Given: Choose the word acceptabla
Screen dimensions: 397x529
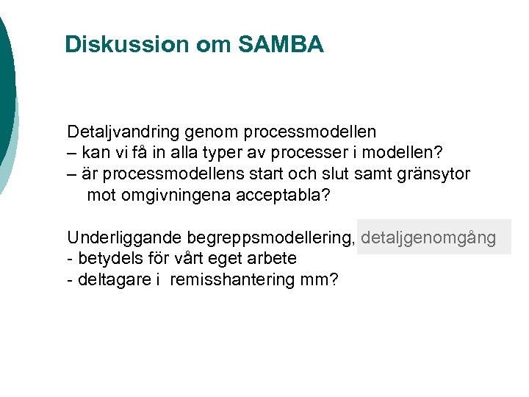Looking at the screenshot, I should point(281,196).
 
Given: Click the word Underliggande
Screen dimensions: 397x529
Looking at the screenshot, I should point(124,238).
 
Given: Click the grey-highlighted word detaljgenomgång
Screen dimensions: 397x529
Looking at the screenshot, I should point(429,238).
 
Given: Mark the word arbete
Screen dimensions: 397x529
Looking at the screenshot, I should point(272,259).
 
